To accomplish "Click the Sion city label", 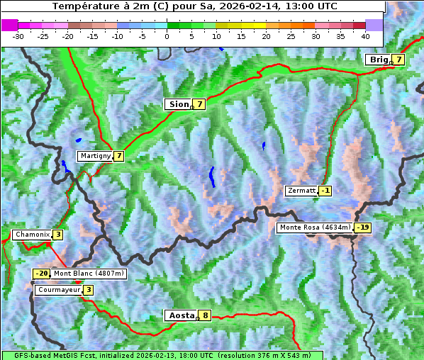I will (x=178, y=104).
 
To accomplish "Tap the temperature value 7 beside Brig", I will (x=399, y=60).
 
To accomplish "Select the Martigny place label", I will (x=95, y=156).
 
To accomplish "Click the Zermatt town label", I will (x=301, y=191).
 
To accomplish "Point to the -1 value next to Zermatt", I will (x=325, y=191).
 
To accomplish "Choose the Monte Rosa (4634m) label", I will (x=315, y=227).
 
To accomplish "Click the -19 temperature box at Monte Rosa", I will (x=363, y=227).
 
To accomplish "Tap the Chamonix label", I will (x=32, y=235).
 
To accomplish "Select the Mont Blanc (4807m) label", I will (x=89, y=274).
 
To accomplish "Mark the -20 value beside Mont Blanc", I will (x=42, y=274).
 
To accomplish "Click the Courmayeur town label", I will (x=58, y=290).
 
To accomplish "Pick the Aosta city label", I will (x=180, y=315).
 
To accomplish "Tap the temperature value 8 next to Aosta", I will (x=206, y=315).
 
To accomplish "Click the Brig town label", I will (x=378, y=60).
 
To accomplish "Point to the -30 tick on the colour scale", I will (x=18, y=35).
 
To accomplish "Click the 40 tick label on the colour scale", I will (x=365, y=35).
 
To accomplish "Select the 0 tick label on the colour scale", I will (x=167, y=35).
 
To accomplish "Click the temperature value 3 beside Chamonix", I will (x=58, y=235).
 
